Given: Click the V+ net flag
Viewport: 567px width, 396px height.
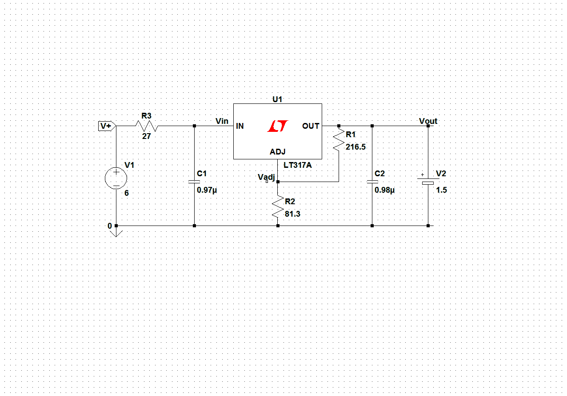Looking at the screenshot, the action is click(107, 126).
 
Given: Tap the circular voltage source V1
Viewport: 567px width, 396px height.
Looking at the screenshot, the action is click(116, 178).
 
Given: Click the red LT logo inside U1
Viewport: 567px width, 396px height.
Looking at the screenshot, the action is click(278, 127).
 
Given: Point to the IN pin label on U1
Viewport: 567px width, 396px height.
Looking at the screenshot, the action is click(240, 126).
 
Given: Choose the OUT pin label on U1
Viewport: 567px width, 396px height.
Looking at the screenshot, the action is click(311, 126).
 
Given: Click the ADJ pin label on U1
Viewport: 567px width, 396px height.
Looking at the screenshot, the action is click(278, 152).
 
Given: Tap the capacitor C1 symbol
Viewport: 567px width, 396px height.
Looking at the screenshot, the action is click(194, 182).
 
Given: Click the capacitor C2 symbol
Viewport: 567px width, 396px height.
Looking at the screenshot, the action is click(372, 182).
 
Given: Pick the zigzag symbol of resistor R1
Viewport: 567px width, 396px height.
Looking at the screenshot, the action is click(339, 139).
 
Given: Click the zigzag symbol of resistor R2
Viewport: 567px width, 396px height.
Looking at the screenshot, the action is click(278, 207).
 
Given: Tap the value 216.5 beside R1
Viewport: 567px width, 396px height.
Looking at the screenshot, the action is click(355, 147).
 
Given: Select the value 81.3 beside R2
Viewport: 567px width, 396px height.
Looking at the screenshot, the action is click(292, 214).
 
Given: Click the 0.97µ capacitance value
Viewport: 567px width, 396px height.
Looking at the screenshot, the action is click(207, 190).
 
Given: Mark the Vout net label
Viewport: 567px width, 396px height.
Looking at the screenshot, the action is click(428, 121).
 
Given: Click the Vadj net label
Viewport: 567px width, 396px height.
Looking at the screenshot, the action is click(266, 177).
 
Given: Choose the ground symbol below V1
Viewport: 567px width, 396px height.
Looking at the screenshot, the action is click(116, 231).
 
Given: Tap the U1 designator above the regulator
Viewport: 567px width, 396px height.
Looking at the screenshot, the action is click(277, 99).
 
